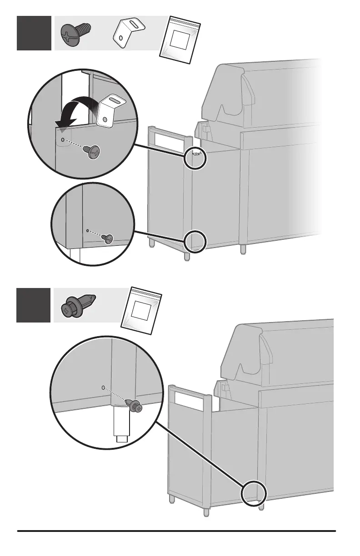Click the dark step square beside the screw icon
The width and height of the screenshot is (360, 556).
pos(34,33)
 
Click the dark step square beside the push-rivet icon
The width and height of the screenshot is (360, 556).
pos(34,305)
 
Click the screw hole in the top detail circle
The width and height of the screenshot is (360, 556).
pos(63,135)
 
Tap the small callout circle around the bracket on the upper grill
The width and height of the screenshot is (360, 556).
pos(196,158)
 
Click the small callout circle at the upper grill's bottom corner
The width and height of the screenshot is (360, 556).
pos(196,241)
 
